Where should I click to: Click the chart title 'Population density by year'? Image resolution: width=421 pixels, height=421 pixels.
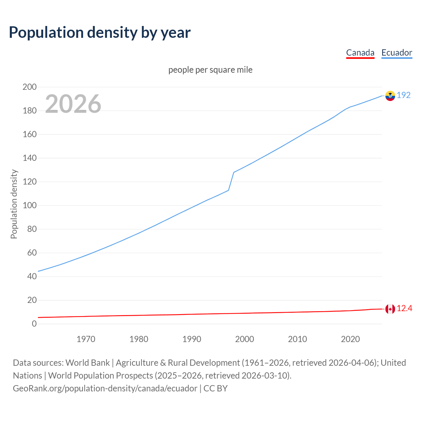coord(100,32)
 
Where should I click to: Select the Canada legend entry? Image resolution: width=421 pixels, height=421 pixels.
coord(360,53)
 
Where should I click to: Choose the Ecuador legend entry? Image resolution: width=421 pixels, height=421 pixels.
coord(397,53)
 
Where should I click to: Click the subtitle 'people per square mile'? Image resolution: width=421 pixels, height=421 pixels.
coord(210,70)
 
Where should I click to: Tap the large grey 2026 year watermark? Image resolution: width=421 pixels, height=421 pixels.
coord(73,104)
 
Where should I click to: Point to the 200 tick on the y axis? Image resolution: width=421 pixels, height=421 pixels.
coord(29,87)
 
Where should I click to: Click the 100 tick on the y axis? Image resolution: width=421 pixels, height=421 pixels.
coord(29,205)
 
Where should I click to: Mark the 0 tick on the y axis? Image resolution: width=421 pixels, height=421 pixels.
coord(34,324)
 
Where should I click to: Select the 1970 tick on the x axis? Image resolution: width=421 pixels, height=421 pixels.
coord(86,339)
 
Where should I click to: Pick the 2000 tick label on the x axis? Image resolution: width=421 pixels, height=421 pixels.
coord(244,339)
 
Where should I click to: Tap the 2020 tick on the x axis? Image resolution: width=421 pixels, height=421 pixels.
coord(350,339)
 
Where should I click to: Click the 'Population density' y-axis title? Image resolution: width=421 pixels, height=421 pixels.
coord(14,204)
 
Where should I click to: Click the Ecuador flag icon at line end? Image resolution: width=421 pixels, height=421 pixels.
coord(390,96)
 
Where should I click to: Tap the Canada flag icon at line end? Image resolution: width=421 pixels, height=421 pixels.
coord(390,309)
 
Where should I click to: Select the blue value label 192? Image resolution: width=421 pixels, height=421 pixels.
coord(404,95)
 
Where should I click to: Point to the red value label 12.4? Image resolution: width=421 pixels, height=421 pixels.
coord(404,308)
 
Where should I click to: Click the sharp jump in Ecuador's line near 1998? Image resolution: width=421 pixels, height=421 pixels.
coord(231,181)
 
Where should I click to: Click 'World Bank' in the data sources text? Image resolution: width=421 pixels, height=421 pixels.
coord(87,362)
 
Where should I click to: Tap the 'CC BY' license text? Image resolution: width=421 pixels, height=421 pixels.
coord(215,388)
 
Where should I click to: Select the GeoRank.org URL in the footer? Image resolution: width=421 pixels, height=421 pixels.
coord(105,388)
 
